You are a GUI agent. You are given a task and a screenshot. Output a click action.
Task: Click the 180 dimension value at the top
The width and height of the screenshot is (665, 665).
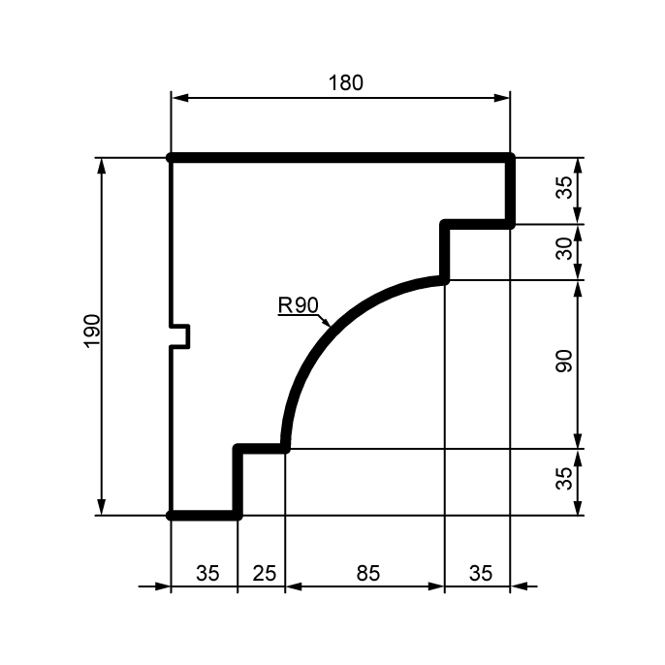pyautogui.click(x=346, y=82)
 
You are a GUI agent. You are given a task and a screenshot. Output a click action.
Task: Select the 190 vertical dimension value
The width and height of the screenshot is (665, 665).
pyautogui.click(x=92, y=332)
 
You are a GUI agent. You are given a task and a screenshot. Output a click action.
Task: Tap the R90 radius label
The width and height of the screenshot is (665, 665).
pyautogui.click(x=299, y=305)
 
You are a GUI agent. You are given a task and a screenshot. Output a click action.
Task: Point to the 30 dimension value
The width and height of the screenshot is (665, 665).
pyautogui.click(x=564, y=249)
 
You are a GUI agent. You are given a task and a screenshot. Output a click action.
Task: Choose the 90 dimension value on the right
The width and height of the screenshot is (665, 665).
pyautogui.click(x=564, y=361)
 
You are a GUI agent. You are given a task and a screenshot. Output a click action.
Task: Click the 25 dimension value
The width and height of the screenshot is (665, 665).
pyautogui.click(x=265, y=574)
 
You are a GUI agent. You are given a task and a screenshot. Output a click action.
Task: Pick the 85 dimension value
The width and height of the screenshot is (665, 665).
pyautogui.click(x=367, y=574)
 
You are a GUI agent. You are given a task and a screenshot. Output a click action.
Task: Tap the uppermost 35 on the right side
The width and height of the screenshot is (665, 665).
pyautogui.click(x=564, y=187)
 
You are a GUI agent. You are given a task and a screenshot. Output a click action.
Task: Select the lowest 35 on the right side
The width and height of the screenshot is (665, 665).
pyautogui.click(x=564, y=479)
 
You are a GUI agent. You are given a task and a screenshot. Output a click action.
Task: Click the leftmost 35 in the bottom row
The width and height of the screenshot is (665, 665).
pyautogui.click(x=207, y=574)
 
